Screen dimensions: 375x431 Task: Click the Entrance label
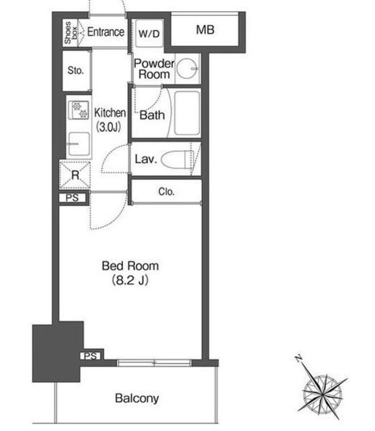point(106,32)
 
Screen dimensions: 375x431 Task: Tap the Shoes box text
point(71,33)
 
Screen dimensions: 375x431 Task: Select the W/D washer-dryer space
point(149,34)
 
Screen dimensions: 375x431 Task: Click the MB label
point(205,30)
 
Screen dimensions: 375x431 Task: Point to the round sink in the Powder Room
point(187,68)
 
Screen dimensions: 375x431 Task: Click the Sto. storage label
point(76,71)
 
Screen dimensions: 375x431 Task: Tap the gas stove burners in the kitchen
point(80,110)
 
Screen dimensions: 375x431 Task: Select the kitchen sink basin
point(79,144)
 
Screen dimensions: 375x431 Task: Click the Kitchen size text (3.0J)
point(108,127)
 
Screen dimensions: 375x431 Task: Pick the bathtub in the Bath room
point(187,113)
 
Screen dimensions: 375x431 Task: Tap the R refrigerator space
point(75,175)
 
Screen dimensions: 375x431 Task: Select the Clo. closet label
point(166,191)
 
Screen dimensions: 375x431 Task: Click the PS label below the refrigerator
point(72,197)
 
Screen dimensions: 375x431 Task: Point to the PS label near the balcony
point(90,356)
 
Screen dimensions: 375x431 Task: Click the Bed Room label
point(130,266)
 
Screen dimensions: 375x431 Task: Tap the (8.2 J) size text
point(130,280)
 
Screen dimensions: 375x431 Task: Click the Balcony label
point(137,398)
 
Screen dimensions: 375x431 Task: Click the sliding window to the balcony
point(154,363)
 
